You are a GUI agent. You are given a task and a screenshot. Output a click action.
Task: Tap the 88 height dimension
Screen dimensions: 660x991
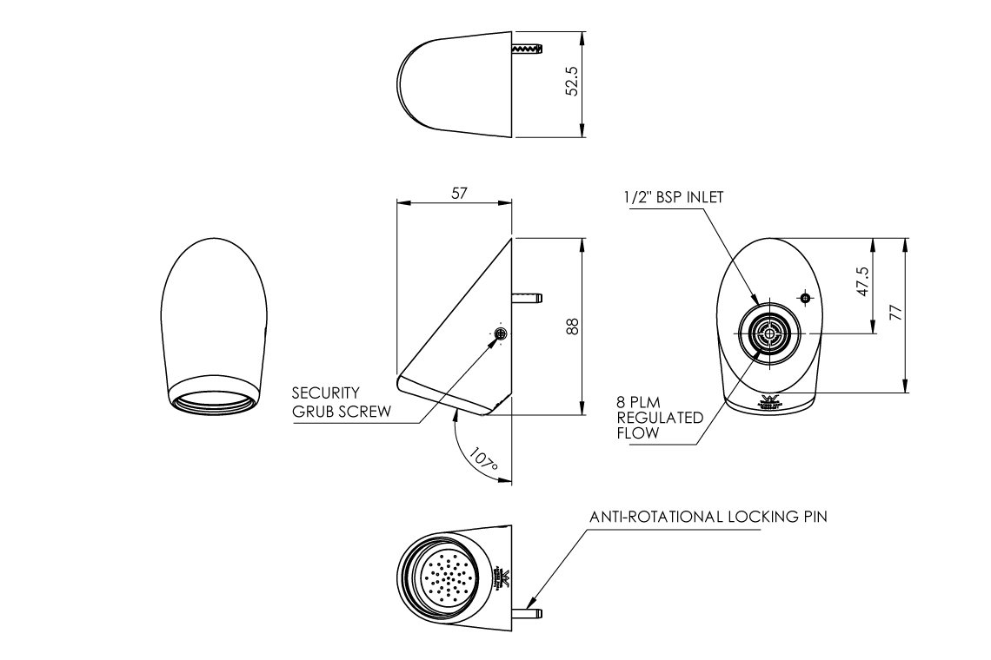(572, 325)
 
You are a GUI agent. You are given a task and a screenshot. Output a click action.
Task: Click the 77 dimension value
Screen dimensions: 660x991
(896, 313)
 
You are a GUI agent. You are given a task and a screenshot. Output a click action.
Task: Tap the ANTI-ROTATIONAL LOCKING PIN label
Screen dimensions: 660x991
(708, 517)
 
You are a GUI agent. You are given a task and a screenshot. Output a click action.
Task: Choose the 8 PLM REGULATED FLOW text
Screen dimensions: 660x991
(648, 418)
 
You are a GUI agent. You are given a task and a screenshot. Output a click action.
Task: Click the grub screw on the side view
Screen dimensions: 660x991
(500, 334)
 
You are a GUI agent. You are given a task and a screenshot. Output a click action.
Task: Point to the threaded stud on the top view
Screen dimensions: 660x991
(527, 51)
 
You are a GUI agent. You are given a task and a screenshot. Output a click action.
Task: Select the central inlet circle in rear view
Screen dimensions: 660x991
(767, 333)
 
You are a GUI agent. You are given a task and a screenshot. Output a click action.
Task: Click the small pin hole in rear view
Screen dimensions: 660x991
(805, 299)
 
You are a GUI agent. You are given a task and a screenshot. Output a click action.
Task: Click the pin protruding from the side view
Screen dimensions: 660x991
(527, 298)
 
